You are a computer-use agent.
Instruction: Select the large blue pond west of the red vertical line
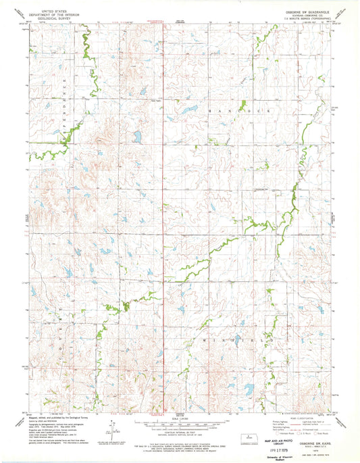point(137,137)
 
